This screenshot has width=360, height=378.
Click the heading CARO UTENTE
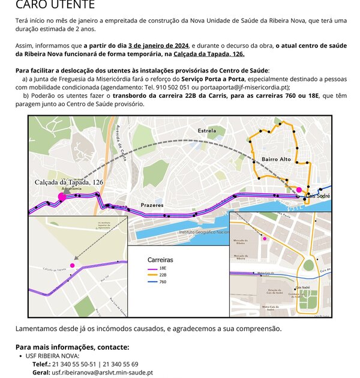click(55, 5)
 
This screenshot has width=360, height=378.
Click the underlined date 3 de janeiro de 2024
click(159, 46)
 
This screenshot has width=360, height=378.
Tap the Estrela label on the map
click(206, 130)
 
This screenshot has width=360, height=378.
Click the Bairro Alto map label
click(276, 159)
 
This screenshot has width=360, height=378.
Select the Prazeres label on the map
click(152, 205)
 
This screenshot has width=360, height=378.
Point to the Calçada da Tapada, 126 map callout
click(69, 182)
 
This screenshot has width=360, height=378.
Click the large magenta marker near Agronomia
click(61, 196)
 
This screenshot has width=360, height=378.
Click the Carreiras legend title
click(160, 260)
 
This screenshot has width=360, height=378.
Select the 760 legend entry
click(163, 282)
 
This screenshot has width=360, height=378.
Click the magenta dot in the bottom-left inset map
click(72, 265)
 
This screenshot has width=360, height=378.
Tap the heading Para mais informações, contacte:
click(72, 347)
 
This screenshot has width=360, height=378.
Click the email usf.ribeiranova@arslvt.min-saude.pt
click(102, 372)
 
